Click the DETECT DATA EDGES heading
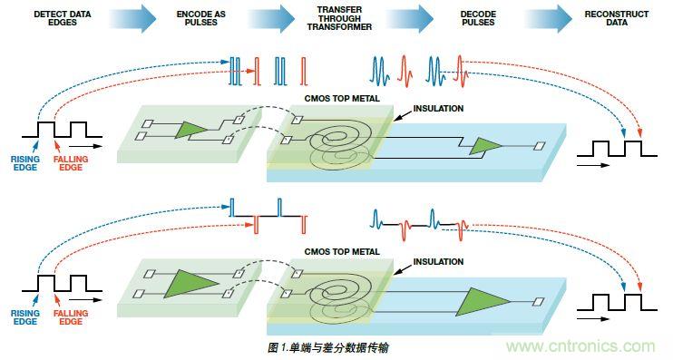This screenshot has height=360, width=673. pyautogui.click(x=63, y=18)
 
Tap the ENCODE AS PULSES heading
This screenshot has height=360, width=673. pyautogui.click(x=200, y=18)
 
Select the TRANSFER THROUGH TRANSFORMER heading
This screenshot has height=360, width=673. pyautogui.click(x=339, y=18)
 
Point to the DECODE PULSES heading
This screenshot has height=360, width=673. pyautogui.click(x=478, y=18)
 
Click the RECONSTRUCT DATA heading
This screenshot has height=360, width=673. pyautogui.click(x=617, y=18)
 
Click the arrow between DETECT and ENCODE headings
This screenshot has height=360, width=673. pyautogui.click(x=132, y=19)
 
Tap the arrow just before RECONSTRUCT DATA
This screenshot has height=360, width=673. pyautogui.click(x=548, y=19)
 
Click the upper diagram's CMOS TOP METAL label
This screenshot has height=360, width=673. pyautogui.click(x=342, y=98)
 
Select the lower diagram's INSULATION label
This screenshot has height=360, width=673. pyautogui.click(x=438, y=261)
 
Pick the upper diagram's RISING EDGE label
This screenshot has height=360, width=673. pyautogui.click(x=25, y=163)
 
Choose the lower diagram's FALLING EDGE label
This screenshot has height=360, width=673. pyautogui.click(x=71, y=317)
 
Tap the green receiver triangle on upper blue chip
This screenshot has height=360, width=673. pyautogui.click(x=485, y=146)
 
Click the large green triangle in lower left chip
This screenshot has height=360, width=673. pyautogui.click(x=189, y=284)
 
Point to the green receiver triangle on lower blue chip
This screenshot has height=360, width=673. pyautogui.click(x=481, y=302)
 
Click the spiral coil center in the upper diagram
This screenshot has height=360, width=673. pyautogui.click(x=339, y=137)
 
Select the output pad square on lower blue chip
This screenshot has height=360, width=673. pyautogui.click(x=539, y=302)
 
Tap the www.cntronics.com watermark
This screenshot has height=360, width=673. pyautogui.click(x=580, y=346)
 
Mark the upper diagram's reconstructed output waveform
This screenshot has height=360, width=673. pyautogui.click(x=617, y=149)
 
